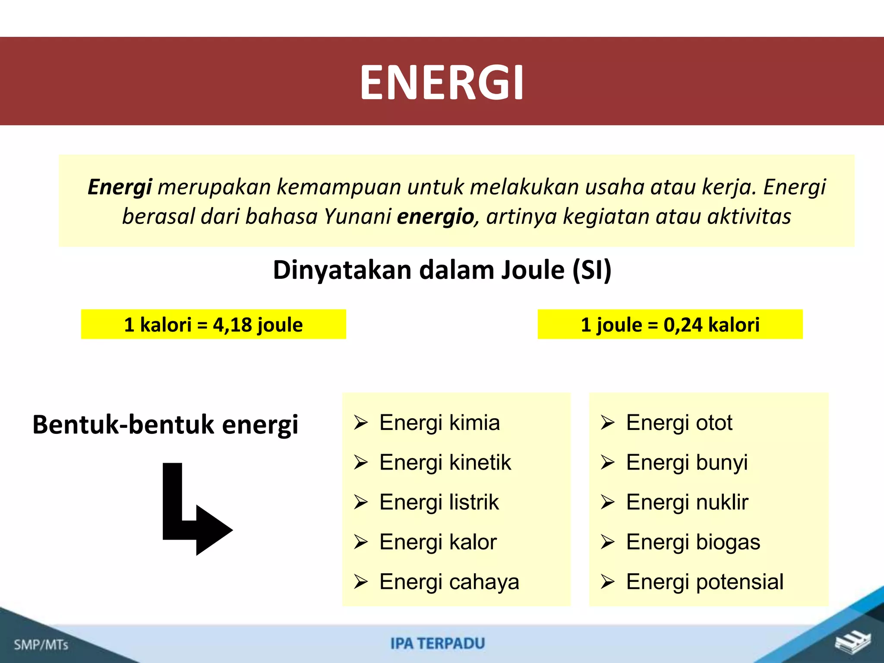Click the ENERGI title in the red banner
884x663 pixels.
coord(442,82)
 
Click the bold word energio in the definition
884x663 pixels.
coord(435,216)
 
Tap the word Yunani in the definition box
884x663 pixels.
coord(357,216)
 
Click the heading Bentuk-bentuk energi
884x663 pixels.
coord(165,424)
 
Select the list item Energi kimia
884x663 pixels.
coord(439,423)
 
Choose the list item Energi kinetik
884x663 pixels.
coord(445,462)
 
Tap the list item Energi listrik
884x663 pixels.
coord(439,502)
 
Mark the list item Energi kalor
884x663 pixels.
coord(438,542)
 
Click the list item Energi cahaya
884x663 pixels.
coord(449,582)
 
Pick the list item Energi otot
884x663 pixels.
coord(679,423)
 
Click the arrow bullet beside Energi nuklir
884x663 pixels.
coord(607,502)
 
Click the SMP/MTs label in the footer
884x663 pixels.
coord(41,645)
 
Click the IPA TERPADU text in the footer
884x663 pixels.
coord(438,644)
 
